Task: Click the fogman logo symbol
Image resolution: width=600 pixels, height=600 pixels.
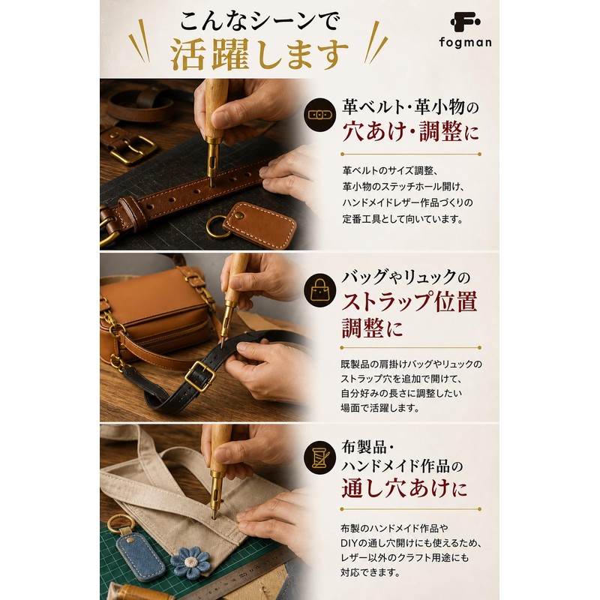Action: coord(465,22)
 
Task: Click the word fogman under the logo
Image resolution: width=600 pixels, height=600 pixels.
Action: coord(465,42)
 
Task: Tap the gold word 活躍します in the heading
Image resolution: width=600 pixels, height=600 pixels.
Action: coord(259,55)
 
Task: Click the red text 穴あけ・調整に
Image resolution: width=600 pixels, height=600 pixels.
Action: coord(410,131)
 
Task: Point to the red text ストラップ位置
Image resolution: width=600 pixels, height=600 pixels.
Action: coord(409,301)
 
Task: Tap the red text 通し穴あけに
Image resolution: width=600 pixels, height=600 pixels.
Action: coord(404,488)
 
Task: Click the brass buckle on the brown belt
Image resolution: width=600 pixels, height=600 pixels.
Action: coord(133,149)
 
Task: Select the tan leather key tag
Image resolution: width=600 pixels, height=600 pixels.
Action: coord(259,225)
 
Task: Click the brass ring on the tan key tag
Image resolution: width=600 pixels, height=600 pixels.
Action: coord(217,227)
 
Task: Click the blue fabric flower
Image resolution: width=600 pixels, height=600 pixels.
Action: coord(190,562)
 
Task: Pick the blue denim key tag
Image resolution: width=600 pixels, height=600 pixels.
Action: coord(140,556)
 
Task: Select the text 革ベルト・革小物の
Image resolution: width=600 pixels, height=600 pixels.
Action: coord(410,106)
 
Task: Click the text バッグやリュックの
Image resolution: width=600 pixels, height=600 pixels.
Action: coord(406,276)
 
